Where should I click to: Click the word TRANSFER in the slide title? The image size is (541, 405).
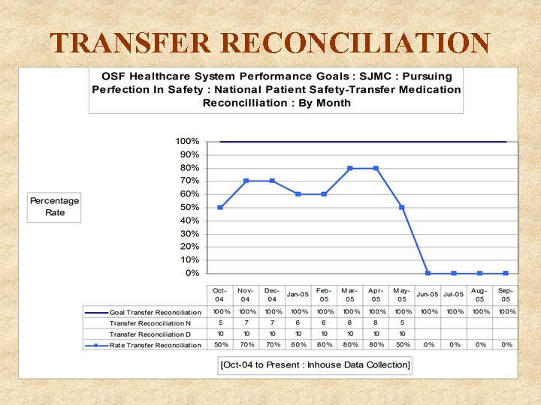pyautogui.click(x=125, y=43)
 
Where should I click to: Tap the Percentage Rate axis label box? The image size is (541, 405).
pyautogui.click(x=54, y=206)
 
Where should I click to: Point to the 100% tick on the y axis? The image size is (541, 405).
pyautogui.click(x=187, y=141)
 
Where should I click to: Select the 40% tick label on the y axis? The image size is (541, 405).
pyautogui.click(x=189, y=220)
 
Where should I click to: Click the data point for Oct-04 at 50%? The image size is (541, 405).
pyautogui.click(x=220, y=207)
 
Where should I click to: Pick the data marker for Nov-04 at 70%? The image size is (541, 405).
pyautogui.click(x=246, y=181)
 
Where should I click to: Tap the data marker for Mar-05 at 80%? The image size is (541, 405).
pyautogui.click(x=350, y=168)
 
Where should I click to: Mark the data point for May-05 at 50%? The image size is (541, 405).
pyautogui.click(x=402, y=207)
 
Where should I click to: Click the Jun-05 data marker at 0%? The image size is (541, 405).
pyautogui.click(x=428, y=273)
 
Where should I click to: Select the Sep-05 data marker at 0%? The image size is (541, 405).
pyautogui.click(x=506, y=273)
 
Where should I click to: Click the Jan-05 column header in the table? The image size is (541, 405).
pyautogui.click(x=298, y=295)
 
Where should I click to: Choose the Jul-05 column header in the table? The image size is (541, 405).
pyautogui.click(x=453, y=295)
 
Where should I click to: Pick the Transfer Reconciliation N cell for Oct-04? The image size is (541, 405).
pyautogui.click(x=221, y=322)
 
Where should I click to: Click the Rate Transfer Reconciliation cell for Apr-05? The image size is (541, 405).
pyautogui.click(x=376, y=345)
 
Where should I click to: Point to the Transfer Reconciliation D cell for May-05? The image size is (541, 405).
pyautogui.click(x=402, y=334)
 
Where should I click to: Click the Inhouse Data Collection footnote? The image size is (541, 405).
pyautogui.click(x=315, y=365)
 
